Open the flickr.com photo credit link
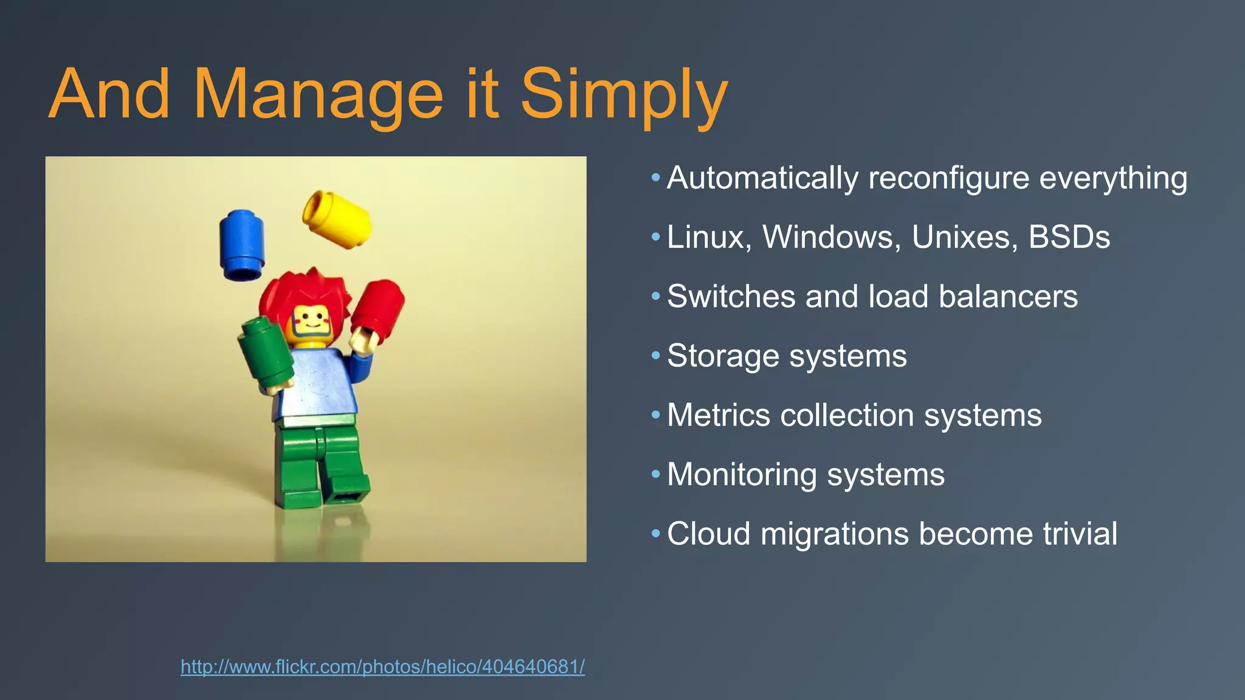[x=382, y=667]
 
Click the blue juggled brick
[x=242, y=244]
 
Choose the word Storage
[x=723, y=355]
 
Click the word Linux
[x=709, y=236]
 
